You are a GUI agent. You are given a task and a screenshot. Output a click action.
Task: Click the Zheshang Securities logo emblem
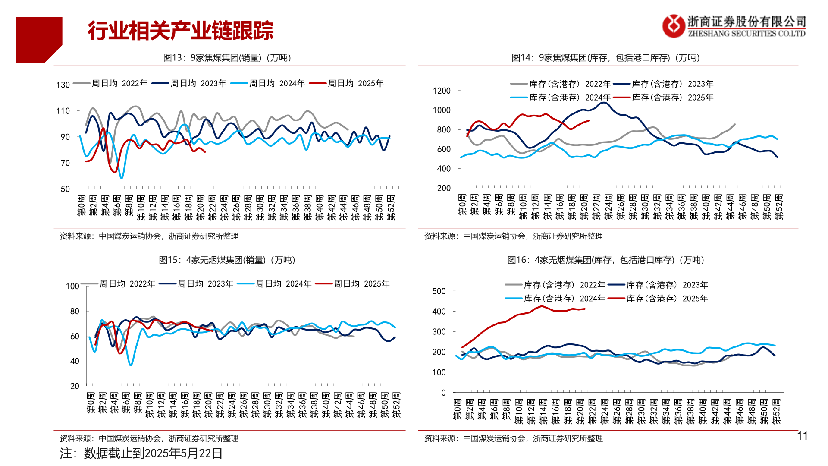click(674, 26)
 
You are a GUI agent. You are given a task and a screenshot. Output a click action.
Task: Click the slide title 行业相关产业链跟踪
click(180, 31)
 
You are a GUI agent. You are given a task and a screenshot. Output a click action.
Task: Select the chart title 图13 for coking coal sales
click(227, 58)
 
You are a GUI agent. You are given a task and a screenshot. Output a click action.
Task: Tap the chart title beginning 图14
click(606, 58)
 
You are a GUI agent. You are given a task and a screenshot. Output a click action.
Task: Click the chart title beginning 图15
click(227, 260)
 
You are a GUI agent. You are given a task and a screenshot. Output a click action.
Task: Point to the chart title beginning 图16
click(606, 260)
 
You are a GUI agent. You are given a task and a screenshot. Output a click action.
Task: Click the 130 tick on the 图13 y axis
click(63, 85)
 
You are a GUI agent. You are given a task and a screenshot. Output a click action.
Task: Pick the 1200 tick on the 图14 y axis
click(442, 91)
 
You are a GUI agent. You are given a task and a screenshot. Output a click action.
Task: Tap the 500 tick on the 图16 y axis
click(439, 291)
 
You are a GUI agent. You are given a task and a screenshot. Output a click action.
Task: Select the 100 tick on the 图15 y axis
click(72, 286)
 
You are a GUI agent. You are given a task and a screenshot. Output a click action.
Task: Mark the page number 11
click(802, 436)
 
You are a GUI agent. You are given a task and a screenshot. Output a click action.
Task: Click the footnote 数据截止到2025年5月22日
click(141, 453)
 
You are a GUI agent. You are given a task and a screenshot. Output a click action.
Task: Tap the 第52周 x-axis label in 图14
click(779, 207)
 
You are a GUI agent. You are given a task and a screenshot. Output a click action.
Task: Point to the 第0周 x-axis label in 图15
click(91, 403)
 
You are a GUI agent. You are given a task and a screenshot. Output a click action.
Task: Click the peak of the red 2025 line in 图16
click(542, 306)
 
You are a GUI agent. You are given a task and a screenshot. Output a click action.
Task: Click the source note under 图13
click(149, 236)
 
